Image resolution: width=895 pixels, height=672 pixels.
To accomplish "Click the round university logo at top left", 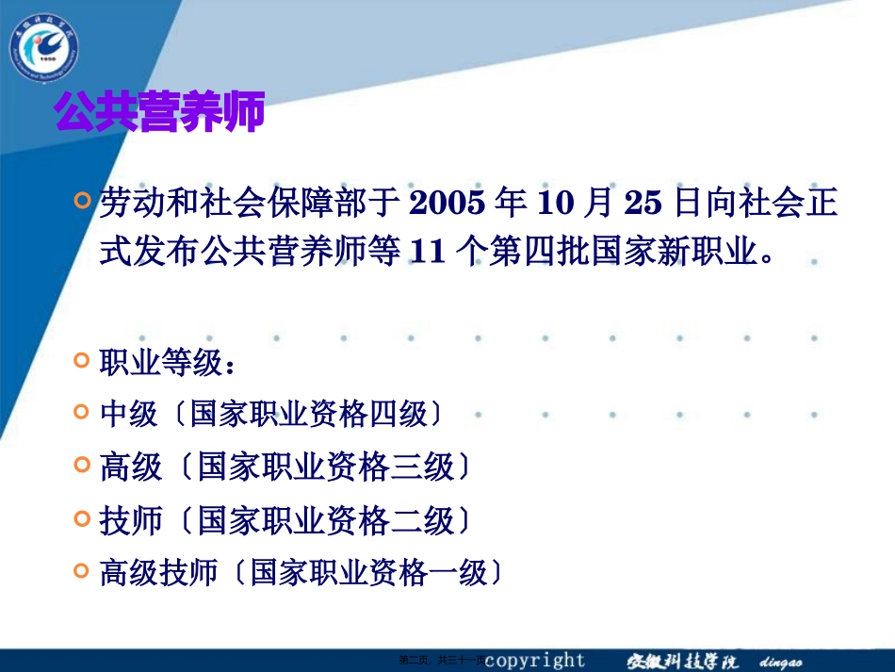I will click(44, 45).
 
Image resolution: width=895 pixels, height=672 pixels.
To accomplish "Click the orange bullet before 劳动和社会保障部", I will click(83, 201).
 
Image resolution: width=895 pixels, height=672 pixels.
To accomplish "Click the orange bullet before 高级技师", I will click(83, 569).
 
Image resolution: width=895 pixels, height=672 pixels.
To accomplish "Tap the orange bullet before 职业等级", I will click(83, 360).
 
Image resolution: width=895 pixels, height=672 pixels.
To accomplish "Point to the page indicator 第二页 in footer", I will click(415, 662).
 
